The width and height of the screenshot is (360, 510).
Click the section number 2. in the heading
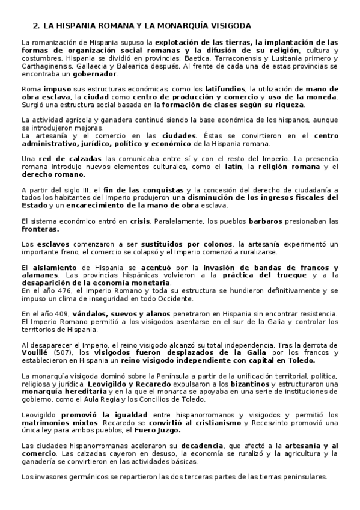pyautogui.click(x=35, y=26)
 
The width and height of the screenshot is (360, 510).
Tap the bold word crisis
pyautogui.click(x=139, y=221)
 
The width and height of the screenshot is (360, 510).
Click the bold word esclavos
pyautogui.click(x=49, y=244)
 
